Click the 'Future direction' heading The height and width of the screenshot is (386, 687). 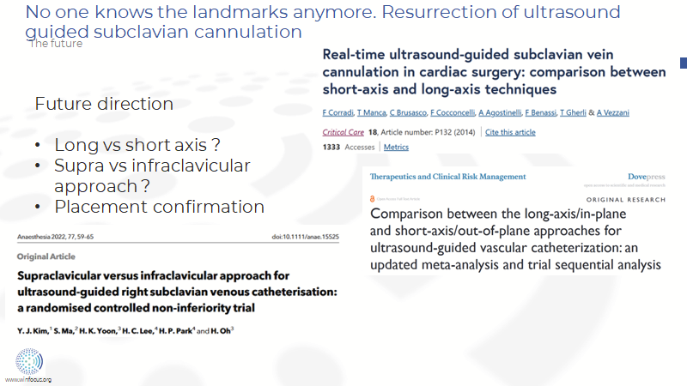pos(104,104)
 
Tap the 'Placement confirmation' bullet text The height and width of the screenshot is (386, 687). pos(159,207)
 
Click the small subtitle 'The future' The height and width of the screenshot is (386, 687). pos(56,44)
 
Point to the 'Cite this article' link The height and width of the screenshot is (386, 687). pos(510,132)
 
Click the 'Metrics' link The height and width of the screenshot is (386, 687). pos(396,147)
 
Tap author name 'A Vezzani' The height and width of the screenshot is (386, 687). pos(613,113)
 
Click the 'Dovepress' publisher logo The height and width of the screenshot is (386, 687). pos(641,177)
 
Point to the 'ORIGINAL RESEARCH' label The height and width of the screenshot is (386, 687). pos(629,199)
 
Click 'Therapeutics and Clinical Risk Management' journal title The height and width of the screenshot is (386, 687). pos(447,177)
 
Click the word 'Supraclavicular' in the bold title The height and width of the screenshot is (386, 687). pos(70,276)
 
